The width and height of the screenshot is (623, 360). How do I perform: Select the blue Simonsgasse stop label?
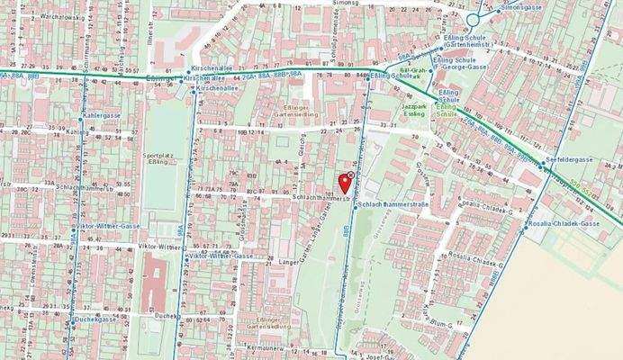coord(523,6)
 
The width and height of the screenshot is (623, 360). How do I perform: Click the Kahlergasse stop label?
coord(102,116)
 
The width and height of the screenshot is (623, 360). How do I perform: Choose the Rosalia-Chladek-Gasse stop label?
coord(564,223)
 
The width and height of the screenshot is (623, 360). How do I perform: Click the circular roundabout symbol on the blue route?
coord(474,18)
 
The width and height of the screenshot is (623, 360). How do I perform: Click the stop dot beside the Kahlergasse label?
coord(77,116)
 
